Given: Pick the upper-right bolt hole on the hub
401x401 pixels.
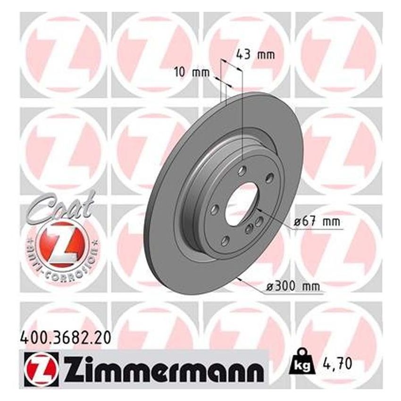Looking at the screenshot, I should pos(269,177).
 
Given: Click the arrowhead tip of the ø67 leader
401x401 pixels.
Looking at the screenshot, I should pos(257,208).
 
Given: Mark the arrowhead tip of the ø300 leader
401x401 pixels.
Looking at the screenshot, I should pos(240,279).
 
